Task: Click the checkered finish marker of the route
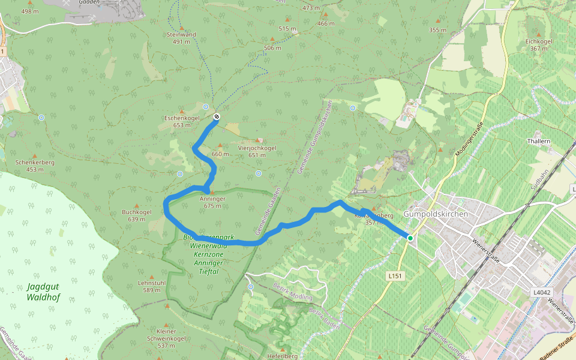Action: [x=216, y=116]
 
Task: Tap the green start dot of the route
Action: [x=410, y=238]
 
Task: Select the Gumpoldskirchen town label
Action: [x=436, y=214]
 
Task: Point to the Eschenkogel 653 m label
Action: [x=178, y=122]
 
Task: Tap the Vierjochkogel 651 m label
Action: [x=257, y=151]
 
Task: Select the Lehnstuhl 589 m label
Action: [x=151, y=286]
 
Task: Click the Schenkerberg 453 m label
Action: [x=35, y=166]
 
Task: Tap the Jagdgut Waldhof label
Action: [x=44, y=292]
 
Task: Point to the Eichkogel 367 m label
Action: [x=539, y=44]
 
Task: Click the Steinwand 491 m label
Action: [x=181, y=38]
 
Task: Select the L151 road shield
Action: [x=394, y=275]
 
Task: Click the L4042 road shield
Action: [x=542, y=292]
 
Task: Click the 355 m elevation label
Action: [x=438, y=30]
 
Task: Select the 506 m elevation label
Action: [x=272, y=47]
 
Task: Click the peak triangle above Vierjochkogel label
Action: [x=259, y=140]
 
